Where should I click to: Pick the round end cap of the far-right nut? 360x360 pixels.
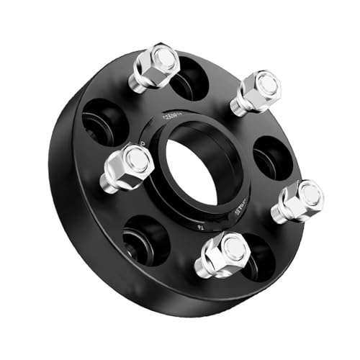311,193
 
